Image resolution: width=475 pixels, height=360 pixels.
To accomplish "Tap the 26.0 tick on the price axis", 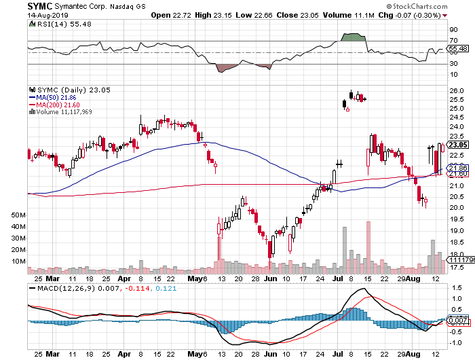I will click(456, 90).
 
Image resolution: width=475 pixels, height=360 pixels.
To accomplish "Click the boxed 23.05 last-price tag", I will click(457, 145).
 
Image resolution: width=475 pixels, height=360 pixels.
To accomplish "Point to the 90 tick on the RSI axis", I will click(453, 30).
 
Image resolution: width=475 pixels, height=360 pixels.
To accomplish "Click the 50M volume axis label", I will click(18, 215).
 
